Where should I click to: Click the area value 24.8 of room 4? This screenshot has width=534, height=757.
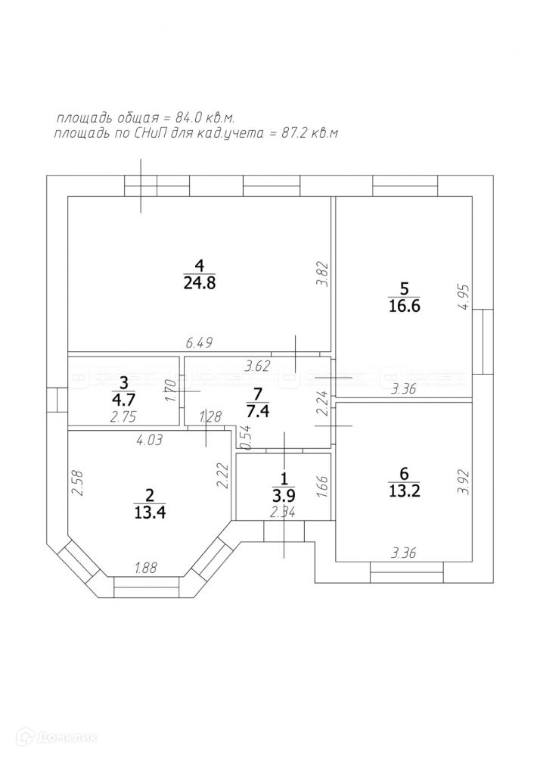click(200, 284)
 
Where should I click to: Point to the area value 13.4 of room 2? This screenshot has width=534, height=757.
click(149, 512)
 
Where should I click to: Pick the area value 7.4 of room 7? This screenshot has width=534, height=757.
click(258, 413)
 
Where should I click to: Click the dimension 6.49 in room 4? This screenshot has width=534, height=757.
click(198, 343)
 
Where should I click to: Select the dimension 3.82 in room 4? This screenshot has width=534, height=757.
click(321, 274)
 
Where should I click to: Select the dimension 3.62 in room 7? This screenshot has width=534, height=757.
click(258, 366)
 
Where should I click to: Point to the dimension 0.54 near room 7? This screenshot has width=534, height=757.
click(244, 437)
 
